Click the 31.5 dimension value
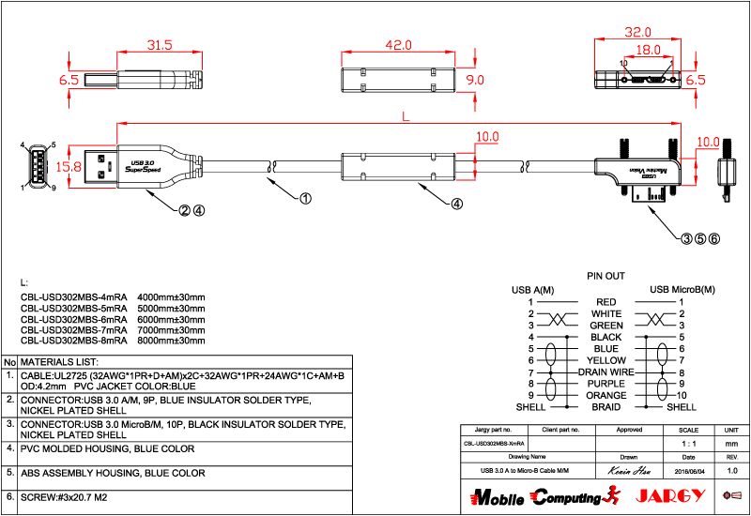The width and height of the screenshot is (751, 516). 160,44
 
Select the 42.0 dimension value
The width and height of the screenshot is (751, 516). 398,44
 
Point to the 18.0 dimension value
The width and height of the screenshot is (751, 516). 649,50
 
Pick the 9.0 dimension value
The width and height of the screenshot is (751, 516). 476,80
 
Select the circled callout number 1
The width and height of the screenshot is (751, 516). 305,199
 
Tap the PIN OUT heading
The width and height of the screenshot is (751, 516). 605,277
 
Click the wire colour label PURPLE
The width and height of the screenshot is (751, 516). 605,384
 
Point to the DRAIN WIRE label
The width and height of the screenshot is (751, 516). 605,372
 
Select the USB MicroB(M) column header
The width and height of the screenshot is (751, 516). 682,289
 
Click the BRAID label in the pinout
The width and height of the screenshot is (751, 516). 605,407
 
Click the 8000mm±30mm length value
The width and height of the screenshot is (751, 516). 171,341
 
